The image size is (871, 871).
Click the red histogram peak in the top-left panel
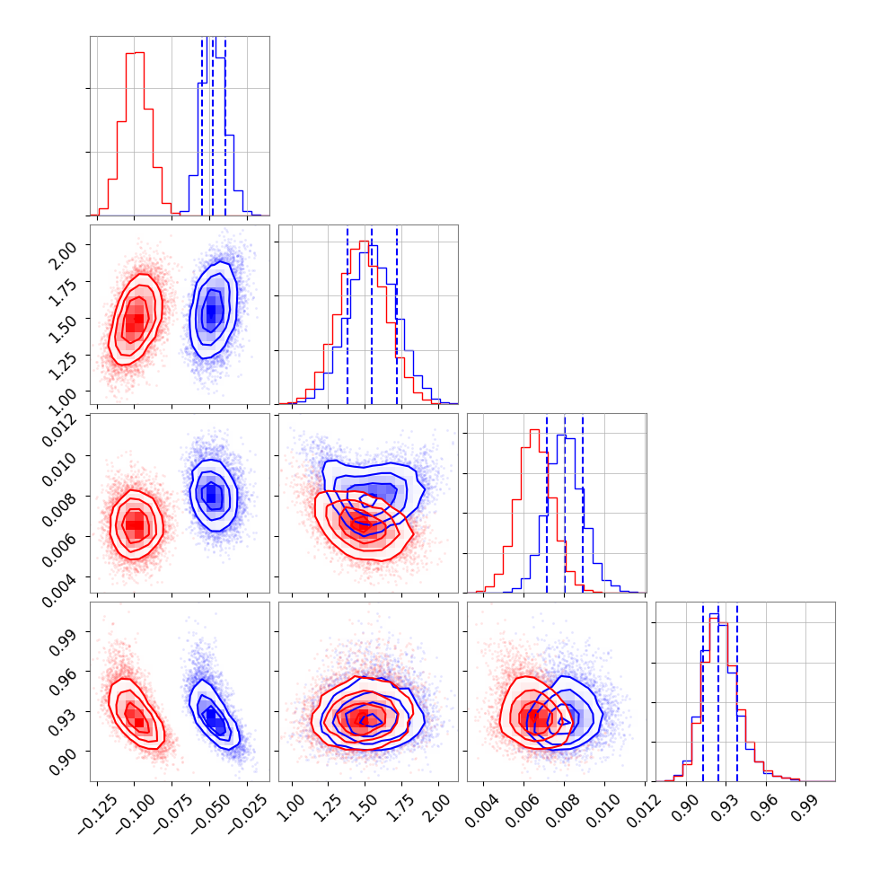(135, 53)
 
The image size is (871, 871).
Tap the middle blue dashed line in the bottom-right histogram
(718, 691)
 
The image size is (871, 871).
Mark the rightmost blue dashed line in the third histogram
(583, 503)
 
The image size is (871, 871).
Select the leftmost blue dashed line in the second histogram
(348, 314)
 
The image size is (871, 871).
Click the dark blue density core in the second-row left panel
(212, 312)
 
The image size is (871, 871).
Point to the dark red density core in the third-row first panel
(135, 525)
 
